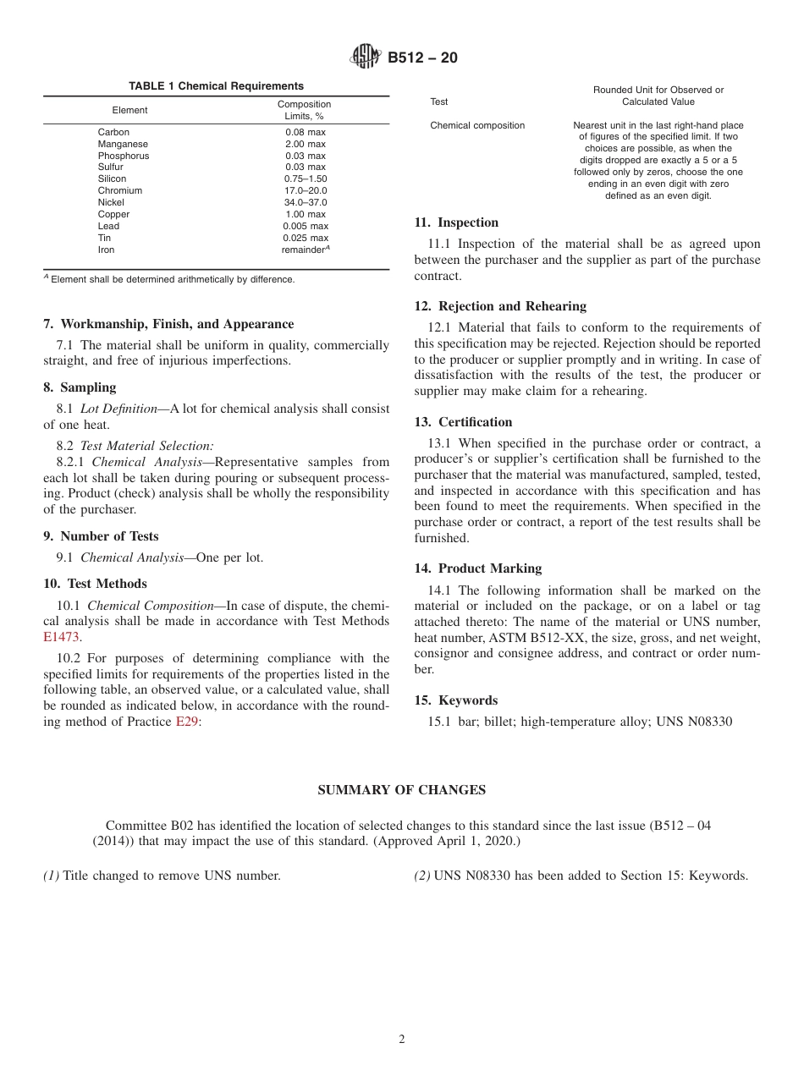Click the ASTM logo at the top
(365, 58)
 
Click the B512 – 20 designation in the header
(422, 58)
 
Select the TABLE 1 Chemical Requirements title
(216, 86)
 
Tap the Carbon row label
(113, 132)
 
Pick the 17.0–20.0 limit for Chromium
(305, 191)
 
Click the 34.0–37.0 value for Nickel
(305, 203)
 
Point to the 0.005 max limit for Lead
(305, 227)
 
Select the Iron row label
(106, 250)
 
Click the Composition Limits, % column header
(305, 110)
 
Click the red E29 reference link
(186, 722)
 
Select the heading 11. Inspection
(456, 222)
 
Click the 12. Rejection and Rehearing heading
(500, 306)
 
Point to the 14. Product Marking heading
(478, 568)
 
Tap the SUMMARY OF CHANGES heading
(401, 790)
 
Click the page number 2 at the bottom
(402, 1040)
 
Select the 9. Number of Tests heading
(101, 536)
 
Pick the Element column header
(129, 110)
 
